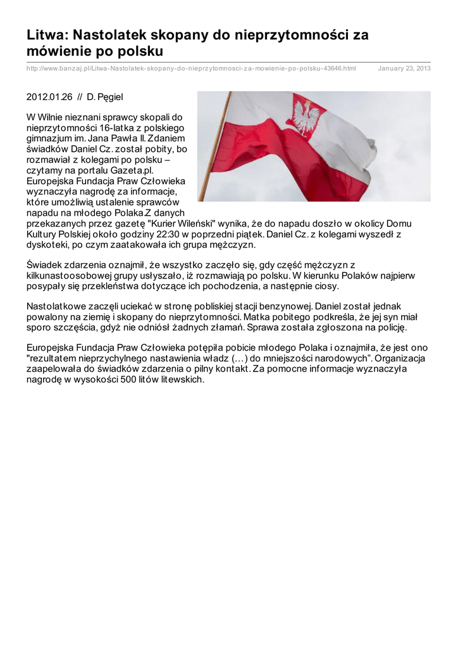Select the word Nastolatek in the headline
click(106, 35)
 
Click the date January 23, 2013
click(404, 68)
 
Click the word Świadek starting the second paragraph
click(44, 265)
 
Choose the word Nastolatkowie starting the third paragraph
click(57, 306)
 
